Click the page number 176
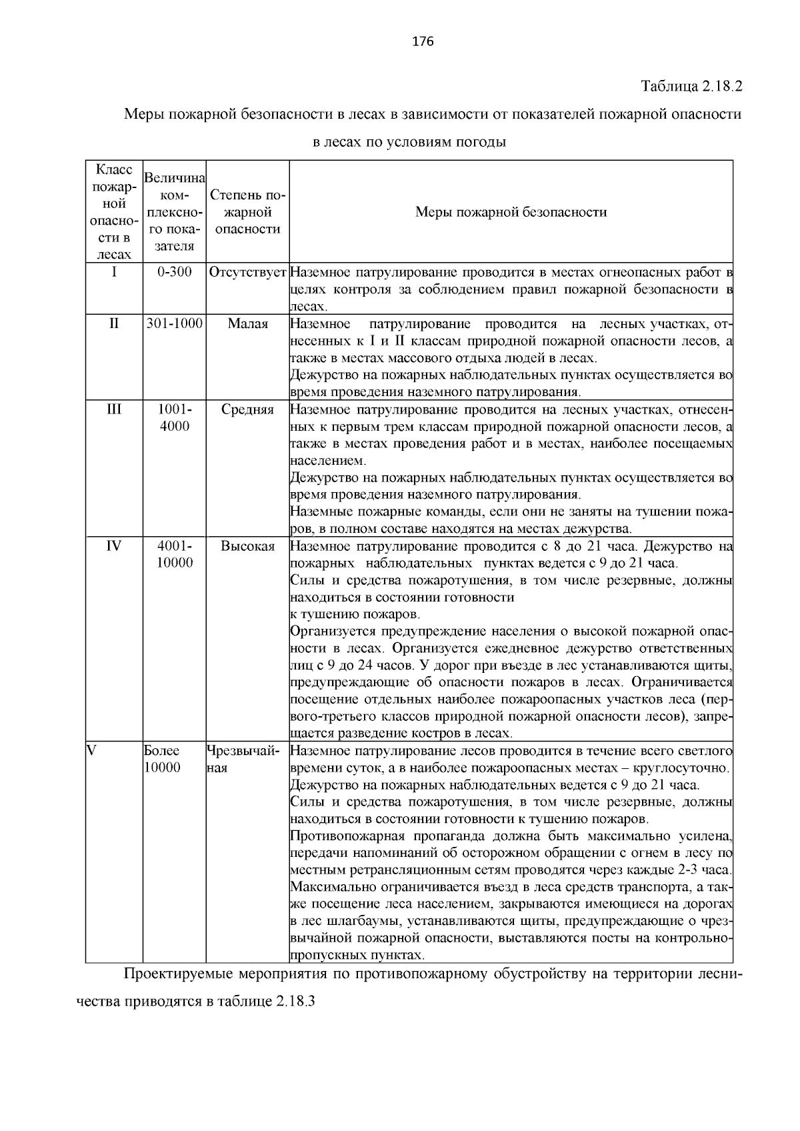423,42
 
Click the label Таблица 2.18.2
691,86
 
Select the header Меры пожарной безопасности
511,212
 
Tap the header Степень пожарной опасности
247,212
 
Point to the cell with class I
114,272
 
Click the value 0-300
175,272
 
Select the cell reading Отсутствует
247,273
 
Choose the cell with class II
114,324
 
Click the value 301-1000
175,324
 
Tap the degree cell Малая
247,324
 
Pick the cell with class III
114,409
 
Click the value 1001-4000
175,417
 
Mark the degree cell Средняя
247,409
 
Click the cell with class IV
114,546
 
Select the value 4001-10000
175,554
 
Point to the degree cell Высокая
247,546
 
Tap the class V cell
93,750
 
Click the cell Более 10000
162,759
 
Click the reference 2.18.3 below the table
293,1002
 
